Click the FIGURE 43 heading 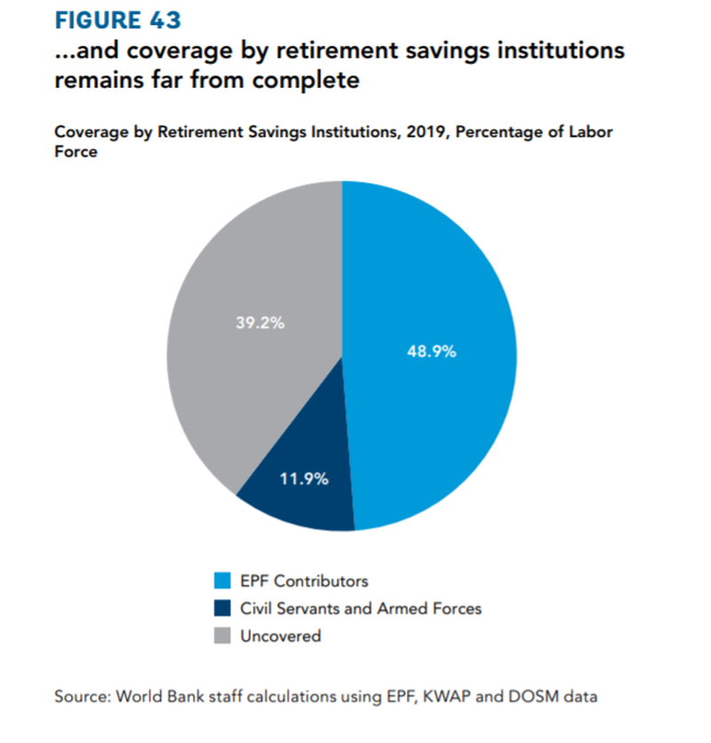(x=117, y=20)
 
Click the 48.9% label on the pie (x=431, y=351)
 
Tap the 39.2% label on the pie (x=260, y=324)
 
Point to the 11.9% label (x=304, y=479)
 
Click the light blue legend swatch (x=221, y=581)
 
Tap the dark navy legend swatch (x=221, y=609)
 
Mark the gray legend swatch (x=221, y=636)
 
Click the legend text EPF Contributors (x=304, y=581)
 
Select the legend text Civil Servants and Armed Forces (x=361, y=609)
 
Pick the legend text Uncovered (x=280, y=636)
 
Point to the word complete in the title (x=307, y=81)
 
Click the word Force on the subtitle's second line (x=76, y=152)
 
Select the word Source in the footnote (x=80, y=696)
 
